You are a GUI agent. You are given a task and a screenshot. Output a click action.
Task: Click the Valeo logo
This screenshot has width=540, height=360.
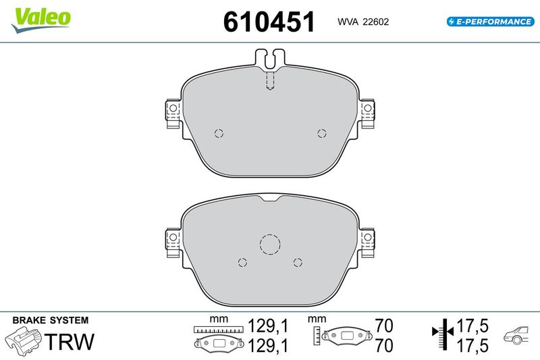coord(41,20)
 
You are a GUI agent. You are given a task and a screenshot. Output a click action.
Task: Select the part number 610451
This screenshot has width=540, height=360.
coord(269,22)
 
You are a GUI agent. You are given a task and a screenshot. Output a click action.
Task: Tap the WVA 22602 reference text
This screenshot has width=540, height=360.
coord(363,22)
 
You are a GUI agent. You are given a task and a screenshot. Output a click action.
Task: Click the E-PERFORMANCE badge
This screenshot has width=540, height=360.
coord(491,22)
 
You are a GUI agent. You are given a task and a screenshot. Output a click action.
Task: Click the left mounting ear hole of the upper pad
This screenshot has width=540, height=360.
coord(173,108)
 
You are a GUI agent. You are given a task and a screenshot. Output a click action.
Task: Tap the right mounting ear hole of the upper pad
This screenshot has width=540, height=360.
coord(368,108)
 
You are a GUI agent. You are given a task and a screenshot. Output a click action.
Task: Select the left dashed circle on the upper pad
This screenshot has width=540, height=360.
coord(219,133)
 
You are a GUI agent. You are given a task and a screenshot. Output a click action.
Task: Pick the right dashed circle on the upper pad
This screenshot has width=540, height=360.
coord(322,133)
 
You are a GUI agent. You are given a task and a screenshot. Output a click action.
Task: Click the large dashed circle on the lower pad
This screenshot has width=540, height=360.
coord(270,244)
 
